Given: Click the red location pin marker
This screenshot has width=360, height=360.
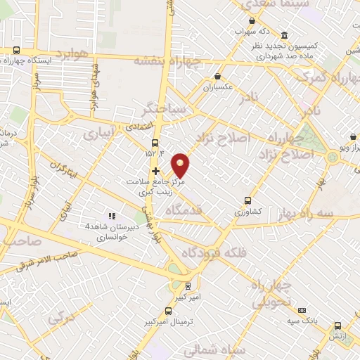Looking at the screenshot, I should click(181, 165).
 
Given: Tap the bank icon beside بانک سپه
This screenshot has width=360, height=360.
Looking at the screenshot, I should click(302, 309).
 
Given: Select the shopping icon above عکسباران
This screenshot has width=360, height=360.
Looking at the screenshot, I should click(217, 76).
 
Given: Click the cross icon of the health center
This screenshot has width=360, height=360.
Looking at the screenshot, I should click(155, 171).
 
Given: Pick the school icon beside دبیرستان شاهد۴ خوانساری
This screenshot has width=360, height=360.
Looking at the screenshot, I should click(110, 216).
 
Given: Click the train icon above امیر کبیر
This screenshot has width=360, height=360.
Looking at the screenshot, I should click(188, 286).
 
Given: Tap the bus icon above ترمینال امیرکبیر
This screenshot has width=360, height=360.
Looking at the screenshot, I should click(167, 310).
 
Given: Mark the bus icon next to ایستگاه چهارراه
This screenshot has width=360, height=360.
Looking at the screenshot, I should click(17, 50).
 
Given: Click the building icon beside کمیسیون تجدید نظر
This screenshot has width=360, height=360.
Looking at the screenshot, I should click(283, 36).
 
